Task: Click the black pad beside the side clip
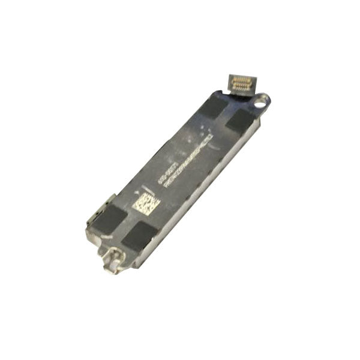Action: [109, 218]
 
